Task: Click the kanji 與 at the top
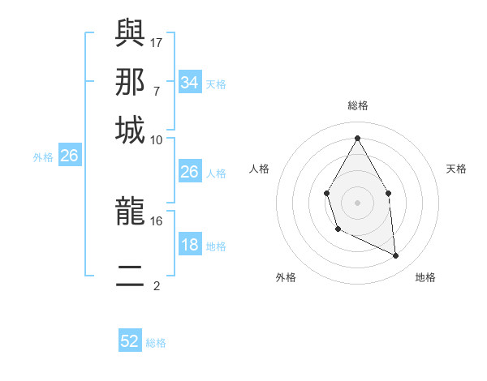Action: [130, 33]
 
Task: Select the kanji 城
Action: [130, 131]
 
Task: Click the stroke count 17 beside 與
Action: [157, 41]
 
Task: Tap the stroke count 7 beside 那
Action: [157, 91]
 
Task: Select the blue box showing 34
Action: [189, 83]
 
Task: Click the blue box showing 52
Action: [130, 341]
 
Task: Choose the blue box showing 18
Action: [189, 246]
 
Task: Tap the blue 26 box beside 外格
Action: [69, 156]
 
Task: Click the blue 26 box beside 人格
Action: [189, 172]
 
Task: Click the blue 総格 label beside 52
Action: [156, 343]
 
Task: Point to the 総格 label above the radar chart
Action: [357, 105]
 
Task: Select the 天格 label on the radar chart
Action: [457, 169]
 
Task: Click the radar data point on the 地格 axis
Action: [395, 255]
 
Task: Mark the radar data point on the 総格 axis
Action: [357, 137]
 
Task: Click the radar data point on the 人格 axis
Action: [326, 193]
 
